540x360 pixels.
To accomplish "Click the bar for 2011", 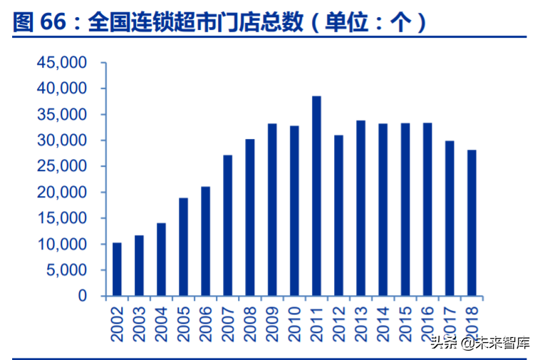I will (x=316, y=196).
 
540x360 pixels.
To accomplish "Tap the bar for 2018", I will (x=472, y=223).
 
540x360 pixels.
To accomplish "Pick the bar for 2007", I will (x=228, y=225).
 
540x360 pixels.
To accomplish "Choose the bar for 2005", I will (x=183, y=247).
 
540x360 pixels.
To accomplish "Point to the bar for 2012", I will (x=338, y=215).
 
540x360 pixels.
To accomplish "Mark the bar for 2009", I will (x=272, y=210).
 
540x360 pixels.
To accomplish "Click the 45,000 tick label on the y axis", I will (x=61, y=63).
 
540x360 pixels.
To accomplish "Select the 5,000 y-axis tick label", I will (x=66, y=270).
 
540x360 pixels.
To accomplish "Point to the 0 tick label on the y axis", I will (x=83, y=296).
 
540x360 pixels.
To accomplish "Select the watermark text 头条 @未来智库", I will (x=480, y=343).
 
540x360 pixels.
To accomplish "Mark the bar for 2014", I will (x=383, y=210).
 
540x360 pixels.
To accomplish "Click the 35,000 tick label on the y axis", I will (x=61, y=115).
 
